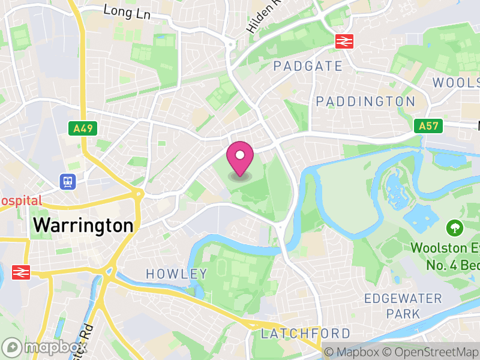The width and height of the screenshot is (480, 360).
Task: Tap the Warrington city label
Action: coord(83,226)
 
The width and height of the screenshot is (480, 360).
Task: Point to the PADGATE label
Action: coord(307,66)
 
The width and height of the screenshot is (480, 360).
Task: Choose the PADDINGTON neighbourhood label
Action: coord(365,101)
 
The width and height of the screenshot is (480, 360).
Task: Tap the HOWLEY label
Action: coord(176,274)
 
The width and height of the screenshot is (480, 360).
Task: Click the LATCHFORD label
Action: coord(305,333)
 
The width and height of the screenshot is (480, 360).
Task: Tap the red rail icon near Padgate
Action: coord(344,41)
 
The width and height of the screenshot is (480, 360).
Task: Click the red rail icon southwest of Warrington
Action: coord(20,272)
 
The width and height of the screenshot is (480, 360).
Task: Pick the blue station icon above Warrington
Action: coord(67,181)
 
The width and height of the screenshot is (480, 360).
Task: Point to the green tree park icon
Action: coord(454,228)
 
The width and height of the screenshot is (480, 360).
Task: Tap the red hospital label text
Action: coord(20,201)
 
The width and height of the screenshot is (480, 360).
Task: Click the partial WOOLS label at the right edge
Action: coord(455,82)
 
